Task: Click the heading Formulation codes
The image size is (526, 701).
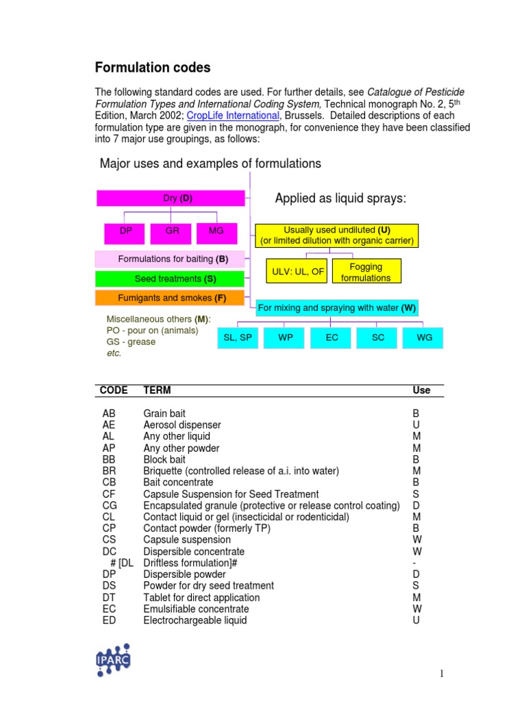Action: [x=152, y=68]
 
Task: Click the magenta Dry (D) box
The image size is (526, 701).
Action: [x=171, y=199]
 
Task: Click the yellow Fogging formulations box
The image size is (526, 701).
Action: [x=366, y=272]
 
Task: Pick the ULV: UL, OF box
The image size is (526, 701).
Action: [x=297, y=272]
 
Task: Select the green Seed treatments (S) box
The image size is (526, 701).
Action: [x=169, y=279]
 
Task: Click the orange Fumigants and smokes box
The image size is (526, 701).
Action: [x=169, y=298]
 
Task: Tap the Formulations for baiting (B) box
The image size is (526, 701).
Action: [x=169, y=259]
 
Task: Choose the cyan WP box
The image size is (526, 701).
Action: [x=286, y=337]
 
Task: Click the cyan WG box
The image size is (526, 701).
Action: [x=425, y=337]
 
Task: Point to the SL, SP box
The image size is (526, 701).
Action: [x=238, y=337]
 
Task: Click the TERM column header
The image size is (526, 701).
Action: [x=157, y=390]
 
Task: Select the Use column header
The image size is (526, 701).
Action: [x=421, y=390]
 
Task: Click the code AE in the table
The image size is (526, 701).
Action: [x=110, y=425]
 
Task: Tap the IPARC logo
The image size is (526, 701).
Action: [x=112, y=659]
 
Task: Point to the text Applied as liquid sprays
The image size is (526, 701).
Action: [x=340, y=199]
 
